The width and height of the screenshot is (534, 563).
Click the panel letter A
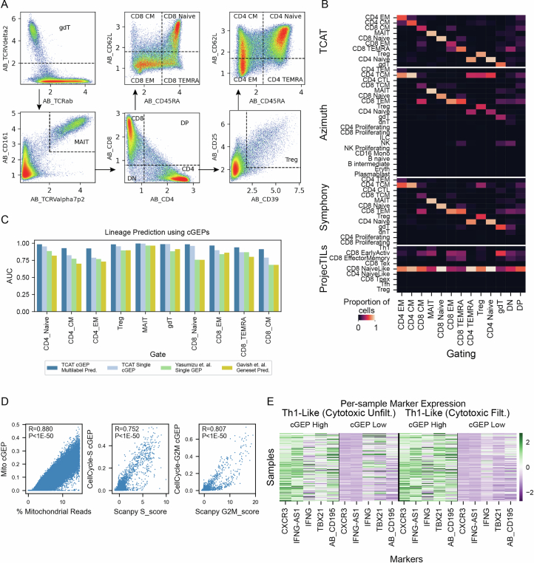coord(6,6)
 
